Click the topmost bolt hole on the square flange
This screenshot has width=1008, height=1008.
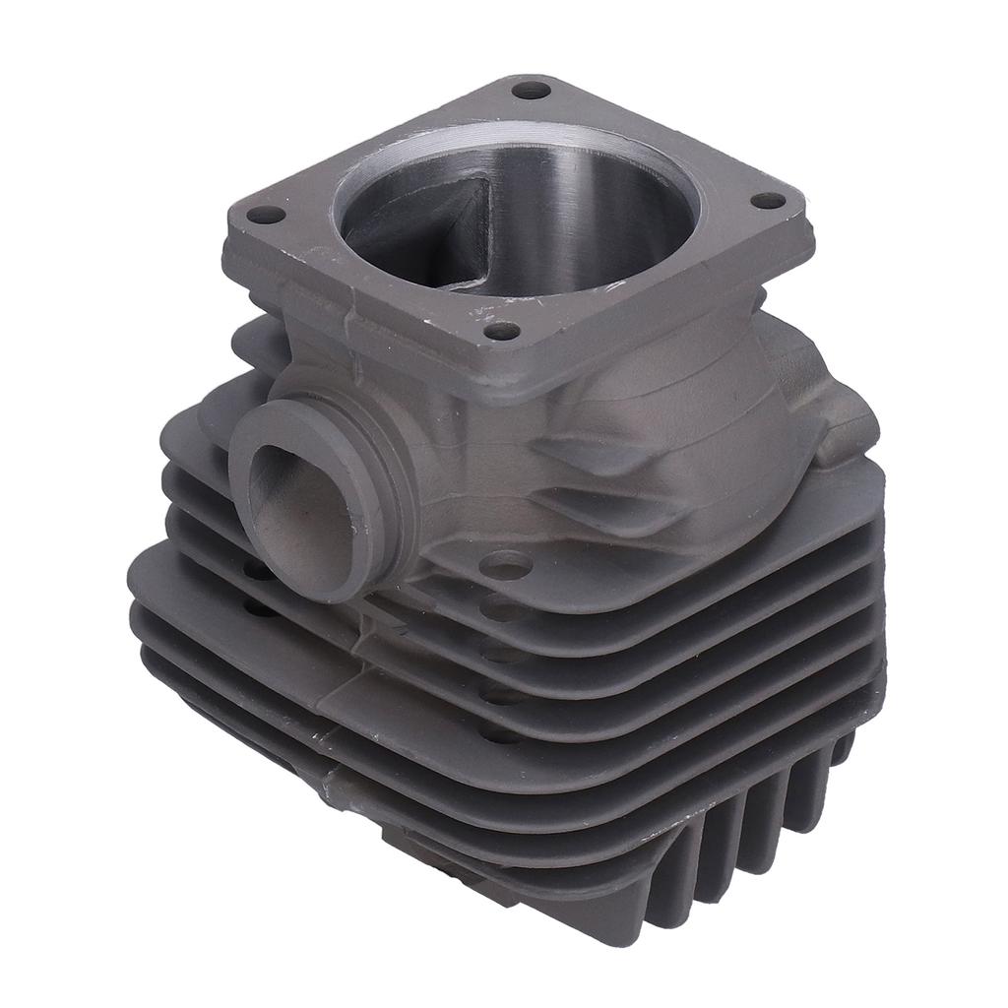pos(532,91)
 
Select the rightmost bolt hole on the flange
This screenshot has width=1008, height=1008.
pos(768,201)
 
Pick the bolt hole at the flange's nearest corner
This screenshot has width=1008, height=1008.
pos(503,331)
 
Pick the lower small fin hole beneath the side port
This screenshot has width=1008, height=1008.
pos(258,610)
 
